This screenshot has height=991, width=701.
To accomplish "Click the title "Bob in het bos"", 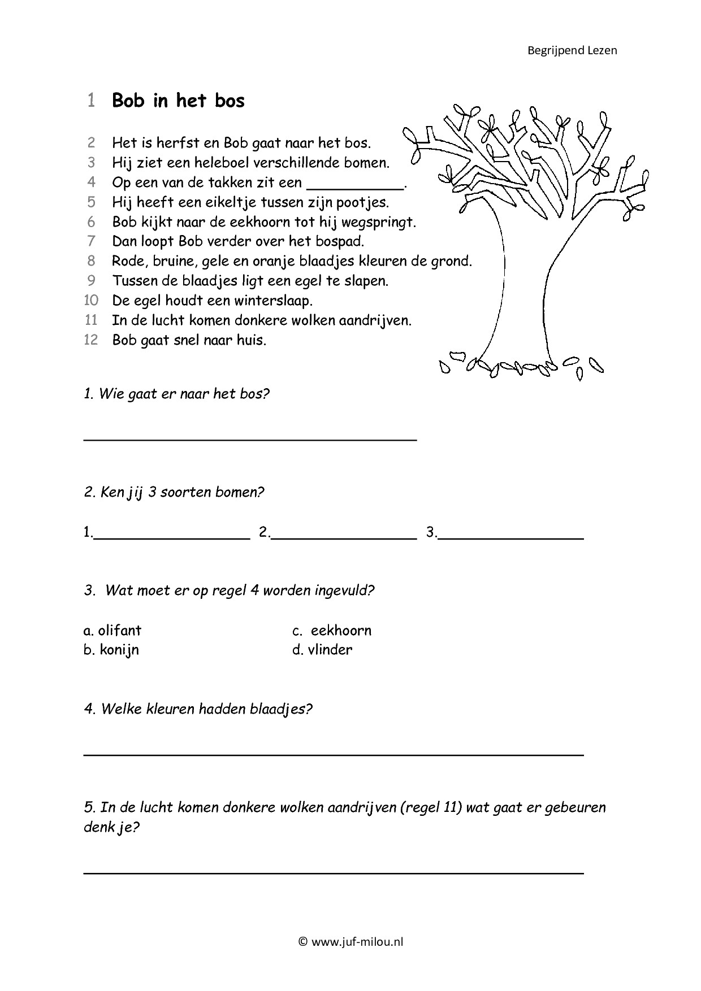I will point(178,101).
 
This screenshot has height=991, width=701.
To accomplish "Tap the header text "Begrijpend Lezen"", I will point(572,50).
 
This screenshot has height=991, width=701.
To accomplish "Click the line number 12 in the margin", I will point(90,340).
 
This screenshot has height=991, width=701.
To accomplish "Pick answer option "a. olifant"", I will point(112,631).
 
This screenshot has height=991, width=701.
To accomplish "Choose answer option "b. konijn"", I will point(111,650).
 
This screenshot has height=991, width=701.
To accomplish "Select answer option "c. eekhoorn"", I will point(332,631).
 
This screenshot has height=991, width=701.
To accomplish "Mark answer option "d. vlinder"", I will point(322,650).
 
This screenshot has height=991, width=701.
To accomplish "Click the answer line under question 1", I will point(250,438).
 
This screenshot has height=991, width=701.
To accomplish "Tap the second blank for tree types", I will point(344,538).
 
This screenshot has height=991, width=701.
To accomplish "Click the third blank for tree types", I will point(510,538).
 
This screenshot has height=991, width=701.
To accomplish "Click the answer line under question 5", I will point(334,872).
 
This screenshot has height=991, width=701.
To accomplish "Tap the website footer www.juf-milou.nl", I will point(350,942).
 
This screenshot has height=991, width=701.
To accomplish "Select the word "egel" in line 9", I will point(308,281).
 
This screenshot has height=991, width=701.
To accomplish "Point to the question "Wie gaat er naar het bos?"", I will point(176,394).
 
